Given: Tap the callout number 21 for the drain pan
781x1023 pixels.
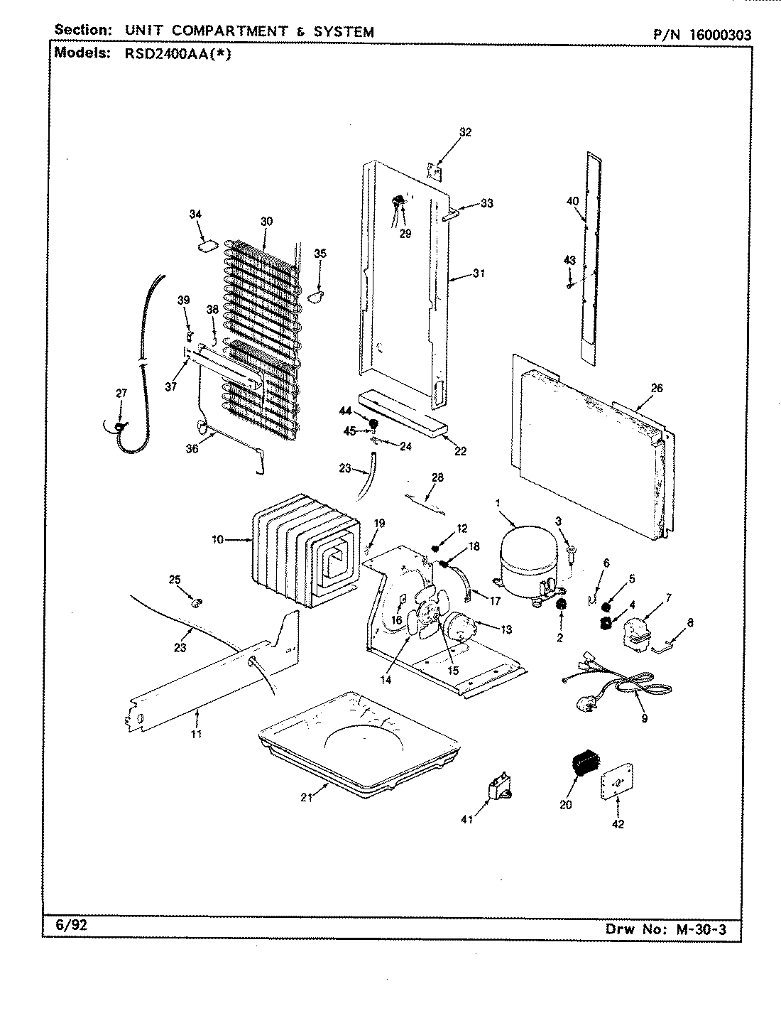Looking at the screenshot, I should (306, 798).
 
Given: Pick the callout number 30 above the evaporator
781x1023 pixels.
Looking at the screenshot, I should (266, 222).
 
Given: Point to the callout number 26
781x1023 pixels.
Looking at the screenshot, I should (656, 388).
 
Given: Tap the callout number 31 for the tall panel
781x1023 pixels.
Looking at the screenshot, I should (479, 273).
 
